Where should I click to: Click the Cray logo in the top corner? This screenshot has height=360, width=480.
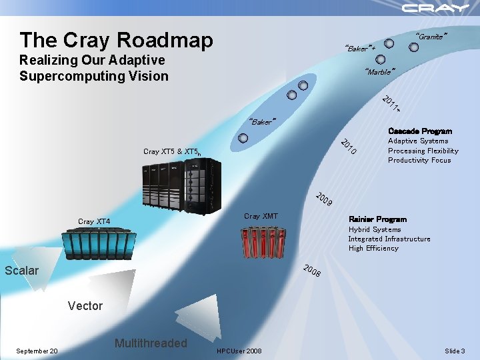click(x=435, y=8)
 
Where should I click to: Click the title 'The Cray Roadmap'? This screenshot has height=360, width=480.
click(x=117, y=40)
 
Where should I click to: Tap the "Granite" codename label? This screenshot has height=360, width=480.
click(x=431, y=37)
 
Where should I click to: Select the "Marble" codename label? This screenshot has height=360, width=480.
click(x=380, y=71)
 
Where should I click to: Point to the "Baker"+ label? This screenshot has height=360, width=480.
click(x=361, y=48)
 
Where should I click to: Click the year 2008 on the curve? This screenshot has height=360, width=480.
click(x=312, y=271)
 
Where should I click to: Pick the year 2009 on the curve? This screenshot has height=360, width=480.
click(x=324, y=199)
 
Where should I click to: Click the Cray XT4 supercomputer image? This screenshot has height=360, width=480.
click(x=99, y=244)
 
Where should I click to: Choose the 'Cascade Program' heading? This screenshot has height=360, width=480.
click(x=420, y=131)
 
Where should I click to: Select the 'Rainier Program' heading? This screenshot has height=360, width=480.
click(x=377, y=219)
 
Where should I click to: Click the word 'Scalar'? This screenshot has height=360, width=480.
click(x=22, y=271)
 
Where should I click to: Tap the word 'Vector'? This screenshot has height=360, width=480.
click(x=85, y=306)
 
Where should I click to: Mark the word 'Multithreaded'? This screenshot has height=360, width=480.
click(x=151, y=343)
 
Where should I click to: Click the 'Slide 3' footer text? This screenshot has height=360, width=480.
click(x=455, y=351)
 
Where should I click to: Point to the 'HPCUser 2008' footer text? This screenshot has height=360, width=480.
click(x=239, y=351)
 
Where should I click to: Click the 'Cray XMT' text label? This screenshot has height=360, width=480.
click(x=261, y=216)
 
